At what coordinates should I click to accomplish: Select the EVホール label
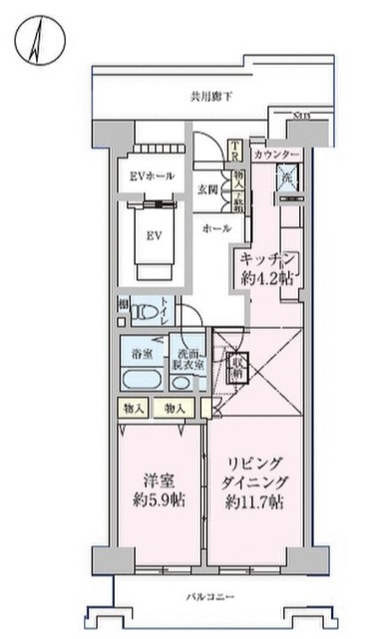[153, 176]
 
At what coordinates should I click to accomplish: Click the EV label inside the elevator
[156, 236]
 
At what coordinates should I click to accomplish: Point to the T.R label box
[235, 152]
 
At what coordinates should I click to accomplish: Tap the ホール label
[216, 228]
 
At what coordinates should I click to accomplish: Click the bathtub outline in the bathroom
[145, 381]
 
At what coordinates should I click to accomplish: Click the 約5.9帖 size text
[157, 497]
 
